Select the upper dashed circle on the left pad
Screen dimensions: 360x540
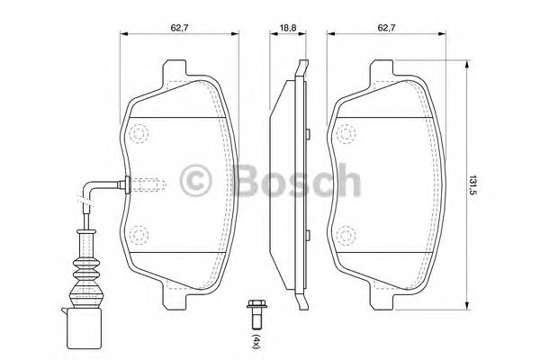pyautogui.click(x=139, y=136)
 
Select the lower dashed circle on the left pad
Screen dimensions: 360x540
pyautogui.click(x=139, y=236)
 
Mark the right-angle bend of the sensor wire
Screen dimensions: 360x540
pyautogui.click(x=88, y=188)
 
